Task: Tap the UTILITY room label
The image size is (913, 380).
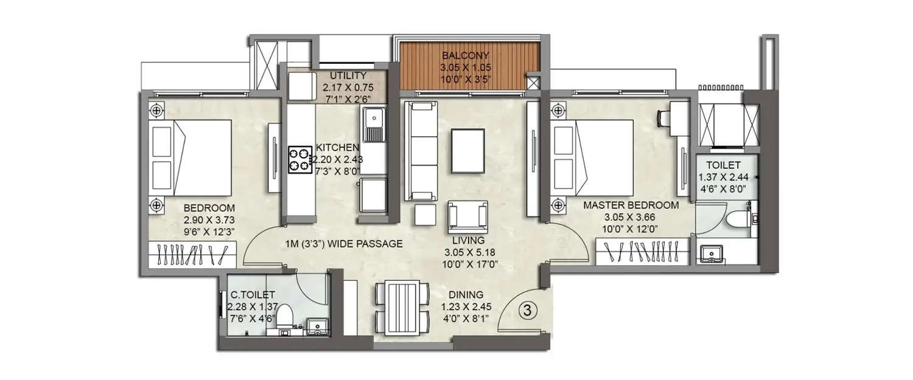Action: point(348,75)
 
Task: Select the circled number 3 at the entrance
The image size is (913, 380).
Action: point(528,310)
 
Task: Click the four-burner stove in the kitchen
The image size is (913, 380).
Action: point(299,160)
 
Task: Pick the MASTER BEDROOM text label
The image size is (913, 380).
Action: point(631,205)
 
